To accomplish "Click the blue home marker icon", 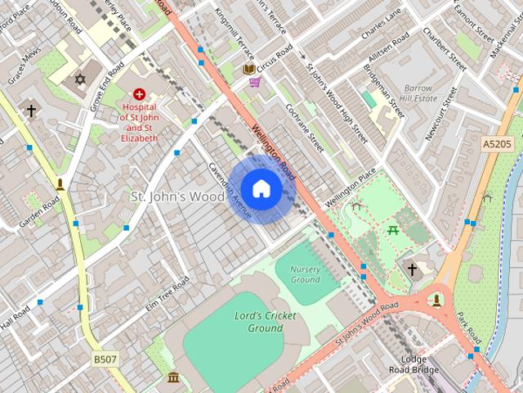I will pos(261,188).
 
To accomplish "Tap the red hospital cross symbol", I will pos(140,95).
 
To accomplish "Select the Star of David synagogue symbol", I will pos(79,79).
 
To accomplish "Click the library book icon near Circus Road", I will pos(249,69).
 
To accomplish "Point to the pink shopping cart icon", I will pos(255,82).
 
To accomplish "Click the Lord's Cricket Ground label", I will pos(266,322).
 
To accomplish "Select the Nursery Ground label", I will pos(305,274).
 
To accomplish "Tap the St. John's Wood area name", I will pos(177,196).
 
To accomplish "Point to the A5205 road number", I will pos(496,144).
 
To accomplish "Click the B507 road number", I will pos(104,359).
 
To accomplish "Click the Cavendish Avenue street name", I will pos(229,189).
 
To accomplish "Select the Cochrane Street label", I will pos(305,128).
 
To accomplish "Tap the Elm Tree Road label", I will pos(167,294).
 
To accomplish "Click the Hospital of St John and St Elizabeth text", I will pos(139,122).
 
